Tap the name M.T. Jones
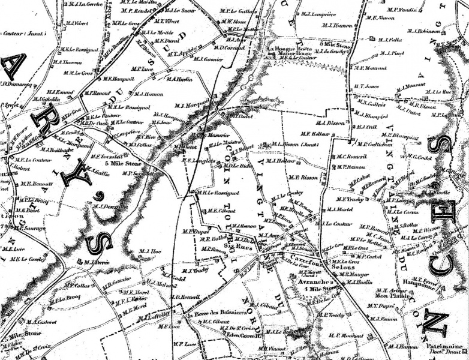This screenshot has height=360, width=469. (x=366, y=86)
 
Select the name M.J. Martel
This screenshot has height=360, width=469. (x=340, y=210)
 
